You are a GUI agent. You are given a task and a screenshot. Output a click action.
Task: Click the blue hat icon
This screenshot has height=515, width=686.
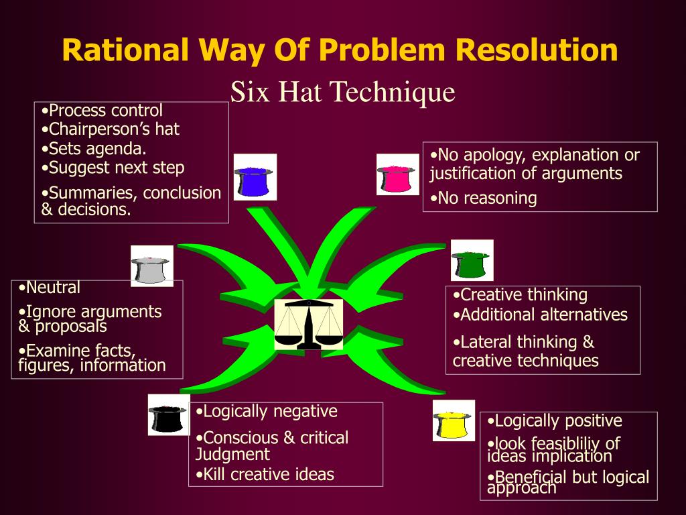tap(255, 178)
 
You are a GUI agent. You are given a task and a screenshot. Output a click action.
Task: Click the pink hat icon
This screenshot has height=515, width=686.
tap(397, 175)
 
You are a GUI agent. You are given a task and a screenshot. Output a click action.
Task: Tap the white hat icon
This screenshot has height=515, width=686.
tap(151, 266)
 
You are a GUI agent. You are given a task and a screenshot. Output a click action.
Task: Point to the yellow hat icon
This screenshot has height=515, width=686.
tap(454, 420)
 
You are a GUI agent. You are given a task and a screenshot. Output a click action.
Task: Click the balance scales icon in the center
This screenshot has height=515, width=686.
tap(308, 325)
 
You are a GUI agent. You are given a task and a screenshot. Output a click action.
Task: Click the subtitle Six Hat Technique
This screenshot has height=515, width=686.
tap(342, 92)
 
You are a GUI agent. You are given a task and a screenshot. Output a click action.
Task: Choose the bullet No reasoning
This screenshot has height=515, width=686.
tap(484, 198)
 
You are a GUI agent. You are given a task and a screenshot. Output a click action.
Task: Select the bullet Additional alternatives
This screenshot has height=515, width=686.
tap(540, 314)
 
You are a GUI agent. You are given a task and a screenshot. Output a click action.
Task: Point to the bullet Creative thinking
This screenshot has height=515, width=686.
tap(520, 294)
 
